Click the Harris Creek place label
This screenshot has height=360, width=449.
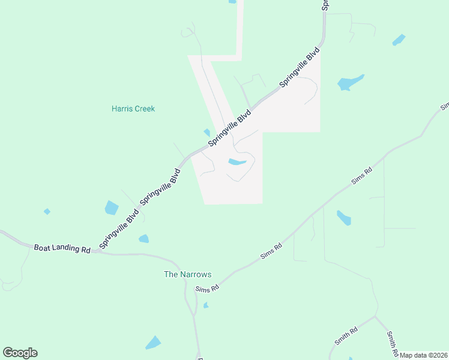(x=133, y=109)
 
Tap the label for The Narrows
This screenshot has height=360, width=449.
(x=188, y=274)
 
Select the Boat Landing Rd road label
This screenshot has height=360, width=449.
(x=62, y=248)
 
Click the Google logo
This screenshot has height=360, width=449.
(x=20, y=353)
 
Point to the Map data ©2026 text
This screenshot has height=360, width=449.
(x=424, y=355)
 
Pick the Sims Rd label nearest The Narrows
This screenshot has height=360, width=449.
(x=207, y=289)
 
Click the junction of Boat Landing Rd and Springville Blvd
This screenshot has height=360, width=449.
(x=94, y=252)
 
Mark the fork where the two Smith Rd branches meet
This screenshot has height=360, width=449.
(x=376, y=316)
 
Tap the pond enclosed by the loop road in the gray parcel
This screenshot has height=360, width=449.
(x=237, y=161)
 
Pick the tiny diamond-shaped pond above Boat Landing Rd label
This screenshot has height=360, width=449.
(x=47, y=211)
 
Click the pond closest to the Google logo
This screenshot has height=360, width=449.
(x=153, y=343)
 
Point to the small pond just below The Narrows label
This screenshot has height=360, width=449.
(x=206, y=305)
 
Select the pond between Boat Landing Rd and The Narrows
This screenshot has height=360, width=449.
(x=143, y=239)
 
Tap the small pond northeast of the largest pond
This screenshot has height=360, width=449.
(x=399, y=40)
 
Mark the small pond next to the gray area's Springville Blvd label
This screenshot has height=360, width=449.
(x=207, y=132)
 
